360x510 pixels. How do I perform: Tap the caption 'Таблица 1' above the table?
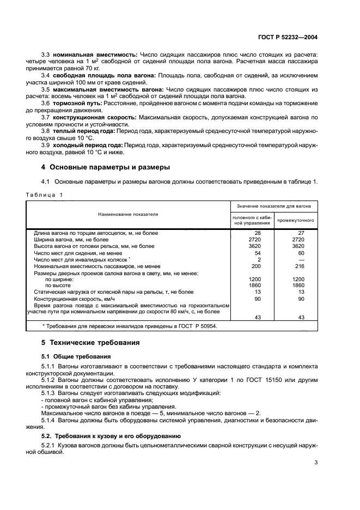click(x=45, y=195)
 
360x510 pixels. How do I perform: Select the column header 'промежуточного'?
click(x=297, y=220)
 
